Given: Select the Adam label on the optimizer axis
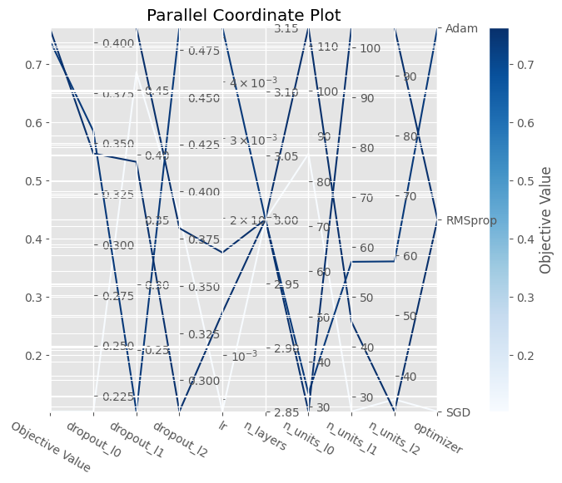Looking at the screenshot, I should (x=462, y=28).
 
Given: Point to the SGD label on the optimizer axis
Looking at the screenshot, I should (x=459, y=412).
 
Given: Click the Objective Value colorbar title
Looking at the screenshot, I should (x=546, y=219).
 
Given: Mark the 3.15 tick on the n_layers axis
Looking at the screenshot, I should (x=286, y=29).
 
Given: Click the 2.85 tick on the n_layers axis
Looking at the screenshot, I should (x=286, y=413).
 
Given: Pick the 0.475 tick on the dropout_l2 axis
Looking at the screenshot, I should (x=203, y=51).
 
